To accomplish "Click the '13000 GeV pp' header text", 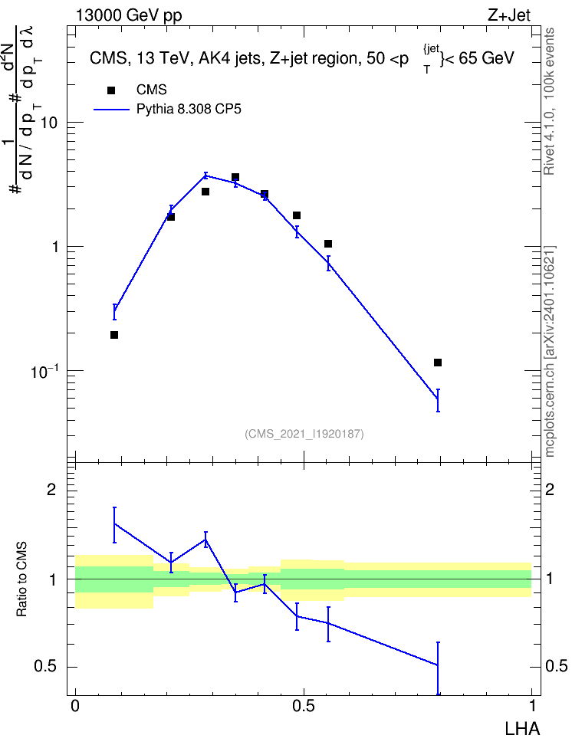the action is point(129,16).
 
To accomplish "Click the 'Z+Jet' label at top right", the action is point(509,15).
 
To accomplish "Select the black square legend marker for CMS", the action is point(111,90).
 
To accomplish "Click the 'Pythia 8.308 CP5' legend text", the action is point(189,110).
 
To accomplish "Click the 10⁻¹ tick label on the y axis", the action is point(44,371).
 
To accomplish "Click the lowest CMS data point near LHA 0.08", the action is point(114,335).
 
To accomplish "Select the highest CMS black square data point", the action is point(235,177).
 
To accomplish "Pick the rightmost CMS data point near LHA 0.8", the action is point(438,363).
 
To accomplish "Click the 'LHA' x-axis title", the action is point(522,729).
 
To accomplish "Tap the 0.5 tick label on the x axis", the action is point(304,706).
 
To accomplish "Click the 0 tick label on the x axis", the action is point(75,706).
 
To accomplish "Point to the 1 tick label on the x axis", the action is point(532,706).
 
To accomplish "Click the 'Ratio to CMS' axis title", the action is point(21,579).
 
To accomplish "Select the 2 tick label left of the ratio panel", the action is point(51,489).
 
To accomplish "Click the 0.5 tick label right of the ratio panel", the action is point(556,667).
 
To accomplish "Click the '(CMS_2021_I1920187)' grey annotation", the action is point(304,434).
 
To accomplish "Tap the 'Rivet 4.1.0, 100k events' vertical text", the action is point(550,101).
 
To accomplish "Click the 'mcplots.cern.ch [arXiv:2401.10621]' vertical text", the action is point(550,351).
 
